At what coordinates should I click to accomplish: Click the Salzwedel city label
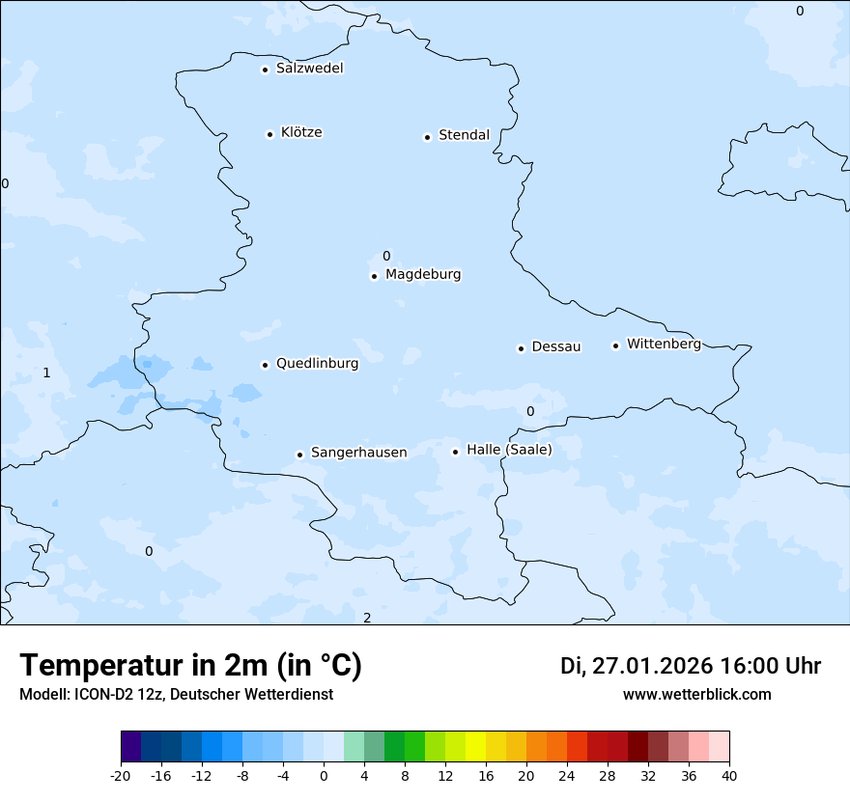click(x=309, y=69)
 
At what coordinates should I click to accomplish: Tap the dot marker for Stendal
click(x=427, y=137)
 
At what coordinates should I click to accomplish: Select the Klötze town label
click(x=301, y=132)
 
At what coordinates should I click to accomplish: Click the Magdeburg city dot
click(x=374, y=276)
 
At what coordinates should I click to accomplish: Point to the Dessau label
click(x=556, y=346)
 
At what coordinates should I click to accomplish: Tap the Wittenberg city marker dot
click(x=615, y=345)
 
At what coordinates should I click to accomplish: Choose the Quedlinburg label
click(x=317, y=364)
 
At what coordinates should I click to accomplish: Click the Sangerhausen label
click(x=358, y=453)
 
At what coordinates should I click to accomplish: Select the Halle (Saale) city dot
click(x=455, y=452)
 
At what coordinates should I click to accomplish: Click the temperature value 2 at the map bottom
click(x=367, y=618)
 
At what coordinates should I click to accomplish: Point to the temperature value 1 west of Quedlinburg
click(x=46, y=373)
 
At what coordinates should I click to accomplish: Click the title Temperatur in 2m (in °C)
click(x=191, y=666)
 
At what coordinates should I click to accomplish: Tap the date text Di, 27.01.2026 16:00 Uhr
click(x=691, y=666)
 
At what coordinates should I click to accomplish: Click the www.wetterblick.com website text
click(x=697, y=694)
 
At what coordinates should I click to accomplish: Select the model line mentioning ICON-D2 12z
click(x=176, y=694)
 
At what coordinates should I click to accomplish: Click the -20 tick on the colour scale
click(x=121, y=776)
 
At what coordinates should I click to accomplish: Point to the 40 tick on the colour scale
click(x=729, y=776)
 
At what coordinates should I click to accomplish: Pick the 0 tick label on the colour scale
click(x=324, y=776)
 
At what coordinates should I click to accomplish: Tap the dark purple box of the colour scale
click(x=131, y=748)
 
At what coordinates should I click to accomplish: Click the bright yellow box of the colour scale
click(x=475, y=748)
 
